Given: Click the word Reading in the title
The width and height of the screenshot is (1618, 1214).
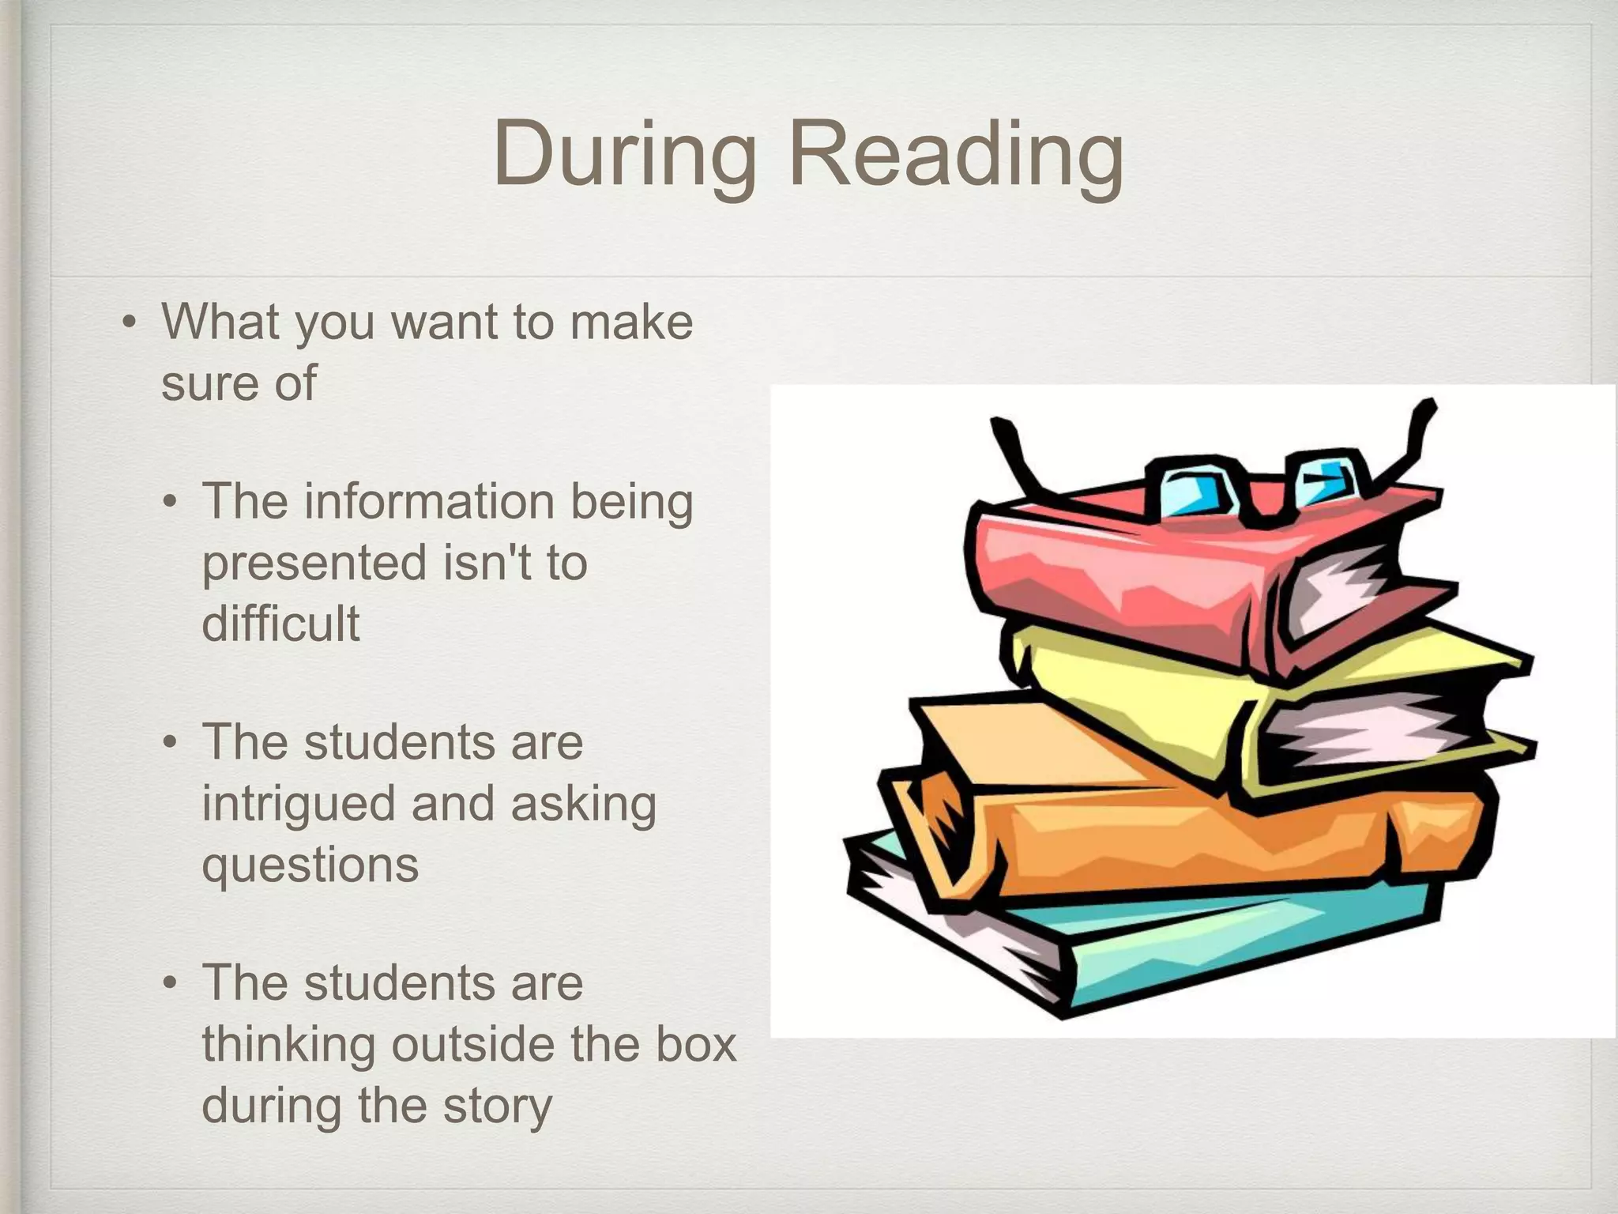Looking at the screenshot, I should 956,155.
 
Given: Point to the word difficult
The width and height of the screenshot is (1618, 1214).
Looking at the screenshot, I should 280,623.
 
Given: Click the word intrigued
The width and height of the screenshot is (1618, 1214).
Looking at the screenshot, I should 299,804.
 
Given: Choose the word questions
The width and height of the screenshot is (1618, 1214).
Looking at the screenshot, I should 310,865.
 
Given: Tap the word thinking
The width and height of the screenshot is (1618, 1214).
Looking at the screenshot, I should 288,1045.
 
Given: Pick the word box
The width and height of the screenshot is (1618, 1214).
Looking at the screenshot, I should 698,1045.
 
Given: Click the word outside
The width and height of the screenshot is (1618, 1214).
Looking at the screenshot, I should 470,1045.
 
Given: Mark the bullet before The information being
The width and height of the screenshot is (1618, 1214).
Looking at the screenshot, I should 170,503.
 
